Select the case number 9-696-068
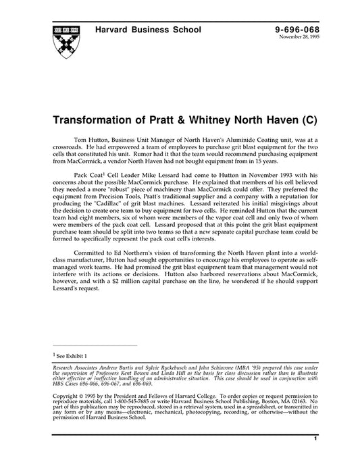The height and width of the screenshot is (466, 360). (297, 30)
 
